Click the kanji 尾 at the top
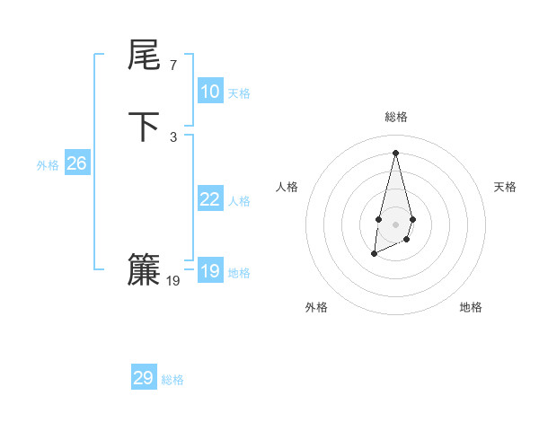144,57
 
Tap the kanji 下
144,127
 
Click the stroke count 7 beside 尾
172,66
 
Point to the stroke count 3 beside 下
172,136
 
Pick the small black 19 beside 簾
173,281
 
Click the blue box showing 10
210,92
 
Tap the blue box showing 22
210,199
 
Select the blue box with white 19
210,271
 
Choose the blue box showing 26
77,163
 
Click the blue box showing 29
144,378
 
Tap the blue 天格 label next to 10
239,93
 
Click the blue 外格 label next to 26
48,165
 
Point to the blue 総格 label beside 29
172,380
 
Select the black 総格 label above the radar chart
396,117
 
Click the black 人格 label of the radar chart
287,187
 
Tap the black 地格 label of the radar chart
471,307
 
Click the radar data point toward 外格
374,255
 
